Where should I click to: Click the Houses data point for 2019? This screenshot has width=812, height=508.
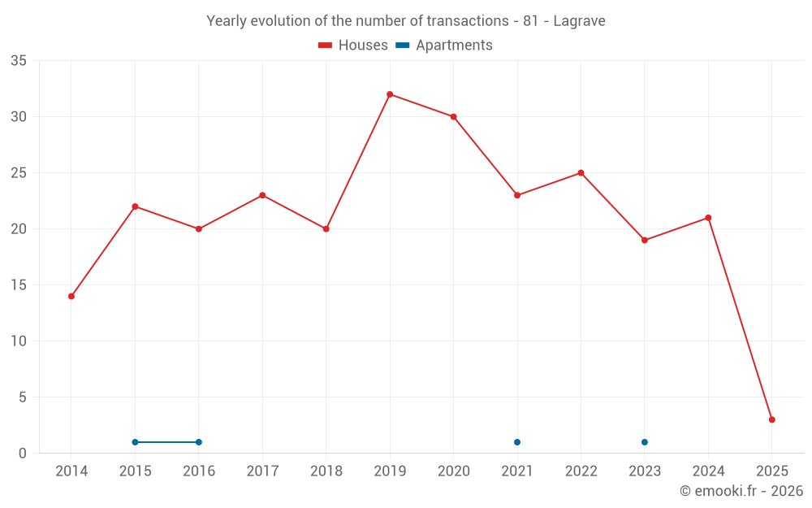pos(390,94)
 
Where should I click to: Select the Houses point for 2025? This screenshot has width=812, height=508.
pos(771,419)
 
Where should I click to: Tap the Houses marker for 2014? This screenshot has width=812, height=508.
pos(71,296)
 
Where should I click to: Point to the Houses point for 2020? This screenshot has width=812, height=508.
pos(453,116)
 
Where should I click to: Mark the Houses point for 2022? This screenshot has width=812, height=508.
pos(581,172)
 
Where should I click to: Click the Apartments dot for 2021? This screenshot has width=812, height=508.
pos(517,442)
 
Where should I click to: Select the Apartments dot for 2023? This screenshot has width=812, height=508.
pos(645,442)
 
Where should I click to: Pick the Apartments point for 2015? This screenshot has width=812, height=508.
pos(135,442)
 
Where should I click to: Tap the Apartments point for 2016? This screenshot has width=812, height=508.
pos(199,442)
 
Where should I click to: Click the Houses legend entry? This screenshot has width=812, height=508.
pos(353,46)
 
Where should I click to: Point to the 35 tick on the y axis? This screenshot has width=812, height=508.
pos(19,61)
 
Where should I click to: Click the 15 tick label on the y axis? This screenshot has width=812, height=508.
pos(19,285)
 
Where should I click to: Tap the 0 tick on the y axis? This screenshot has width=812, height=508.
pos(23,454)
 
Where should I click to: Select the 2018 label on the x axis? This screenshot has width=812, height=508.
pos(326,471)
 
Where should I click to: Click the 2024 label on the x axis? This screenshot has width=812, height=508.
pos(708,471)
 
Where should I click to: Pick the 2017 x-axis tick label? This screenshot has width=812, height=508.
pos(262,471)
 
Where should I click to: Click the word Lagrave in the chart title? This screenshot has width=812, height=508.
pos(579,21)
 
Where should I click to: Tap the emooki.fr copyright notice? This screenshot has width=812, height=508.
pos(741,491)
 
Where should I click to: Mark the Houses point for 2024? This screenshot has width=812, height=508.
pos(708,218)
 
